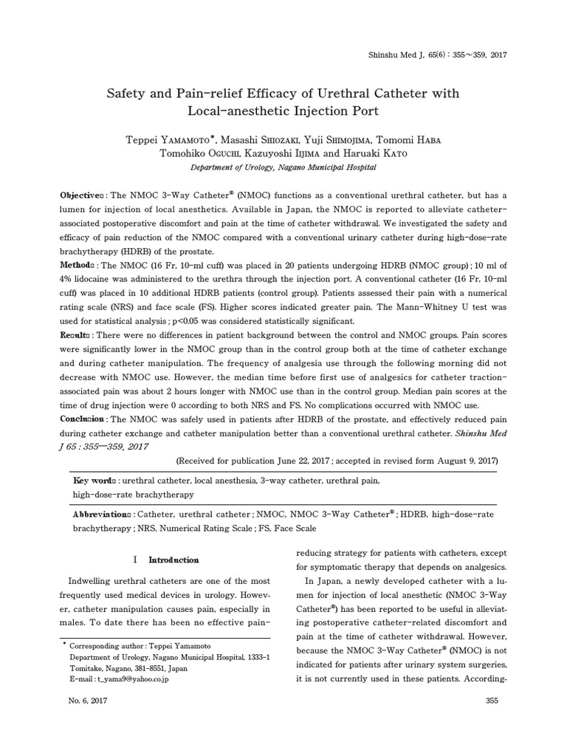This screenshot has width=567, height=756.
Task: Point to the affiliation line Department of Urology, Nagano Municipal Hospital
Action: [x=283, y=168]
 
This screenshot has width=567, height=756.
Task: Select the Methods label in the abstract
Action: [x=78, y=265]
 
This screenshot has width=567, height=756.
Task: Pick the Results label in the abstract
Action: [x=76, y=335]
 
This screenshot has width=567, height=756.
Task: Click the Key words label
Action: [x=94, y=481]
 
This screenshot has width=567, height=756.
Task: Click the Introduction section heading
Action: [x=173, y=560]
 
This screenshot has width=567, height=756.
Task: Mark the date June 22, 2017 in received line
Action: [x=300, y=460]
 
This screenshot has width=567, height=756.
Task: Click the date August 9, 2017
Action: [x=462, y=460]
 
